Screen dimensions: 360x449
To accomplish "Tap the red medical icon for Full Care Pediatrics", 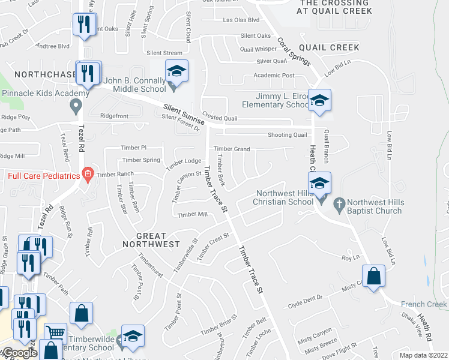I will pos(88,175).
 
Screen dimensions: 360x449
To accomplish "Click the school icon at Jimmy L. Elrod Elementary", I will pos(321,100).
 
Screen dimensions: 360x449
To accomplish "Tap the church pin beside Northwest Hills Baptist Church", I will pos(339,203).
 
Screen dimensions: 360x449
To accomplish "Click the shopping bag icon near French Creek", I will pos(373,277).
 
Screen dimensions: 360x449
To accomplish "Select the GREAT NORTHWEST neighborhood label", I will pos(151,239).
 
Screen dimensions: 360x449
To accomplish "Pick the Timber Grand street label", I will pos(231,149).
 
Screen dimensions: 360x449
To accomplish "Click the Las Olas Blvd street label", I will pos(241,20).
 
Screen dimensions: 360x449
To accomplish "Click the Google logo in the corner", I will pos(19,353).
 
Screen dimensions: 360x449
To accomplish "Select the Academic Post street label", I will pos(274,76).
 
